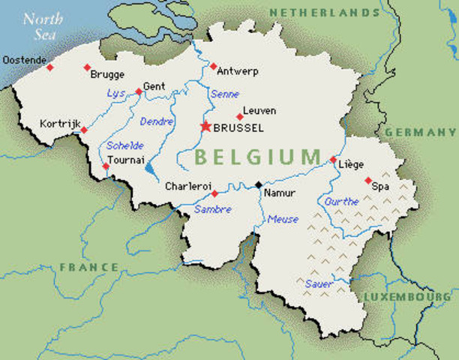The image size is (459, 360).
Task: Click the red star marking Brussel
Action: pos(206,127)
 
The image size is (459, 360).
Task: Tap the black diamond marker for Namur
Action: pos(259,184)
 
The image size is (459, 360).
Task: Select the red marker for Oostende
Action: pos(50,67)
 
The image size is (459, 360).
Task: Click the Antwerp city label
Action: pos(238,71)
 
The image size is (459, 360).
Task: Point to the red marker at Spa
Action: pos(367,181)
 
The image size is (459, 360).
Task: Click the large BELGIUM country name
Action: pos(257,157)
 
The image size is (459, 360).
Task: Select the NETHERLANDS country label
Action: pos(324,13)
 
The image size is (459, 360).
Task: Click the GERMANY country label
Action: pos(421,132)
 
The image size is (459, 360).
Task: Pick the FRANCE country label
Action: pos(89,267)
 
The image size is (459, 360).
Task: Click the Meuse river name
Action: pos(283,219)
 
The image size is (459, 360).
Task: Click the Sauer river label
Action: pos(318,283)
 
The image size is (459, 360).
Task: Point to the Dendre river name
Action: pos(157,120)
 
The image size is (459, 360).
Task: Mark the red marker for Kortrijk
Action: pos(84,130)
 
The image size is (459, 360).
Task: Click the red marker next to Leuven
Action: pos(240,116)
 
